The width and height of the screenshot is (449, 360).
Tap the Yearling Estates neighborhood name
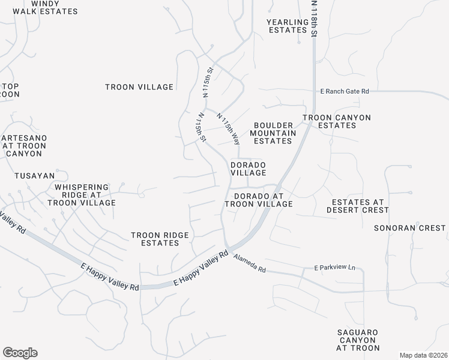[x=288, y=26]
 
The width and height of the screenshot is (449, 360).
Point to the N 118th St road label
[x=313, y=18]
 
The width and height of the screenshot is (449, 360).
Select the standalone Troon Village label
[x=139, y=87]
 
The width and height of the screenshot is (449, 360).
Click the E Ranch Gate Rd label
[x=344, y=91]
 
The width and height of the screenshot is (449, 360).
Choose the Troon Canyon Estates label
[x=336, y=121]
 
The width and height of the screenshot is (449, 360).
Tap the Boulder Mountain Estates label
[x=273, y=133]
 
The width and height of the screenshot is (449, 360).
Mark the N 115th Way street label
[x=229, y=129]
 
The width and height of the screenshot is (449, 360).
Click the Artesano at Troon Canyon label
[x=24, y=146]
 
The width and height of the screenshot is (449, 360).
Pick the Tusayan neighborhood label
[x=35, y=176]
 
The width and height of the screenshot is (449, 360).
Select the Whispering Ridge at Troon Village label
[x=85, y=195]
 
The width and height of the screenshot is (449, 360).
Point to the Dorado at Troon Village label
[x=258, y=200]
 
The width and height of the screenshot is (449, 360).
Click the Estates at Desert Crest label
[x=357, y=206]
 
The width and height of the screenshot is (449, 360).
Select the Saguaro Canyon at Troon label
[x=358, y=340]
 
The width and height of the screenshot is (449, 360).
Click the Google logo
[x=20, y=353]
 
